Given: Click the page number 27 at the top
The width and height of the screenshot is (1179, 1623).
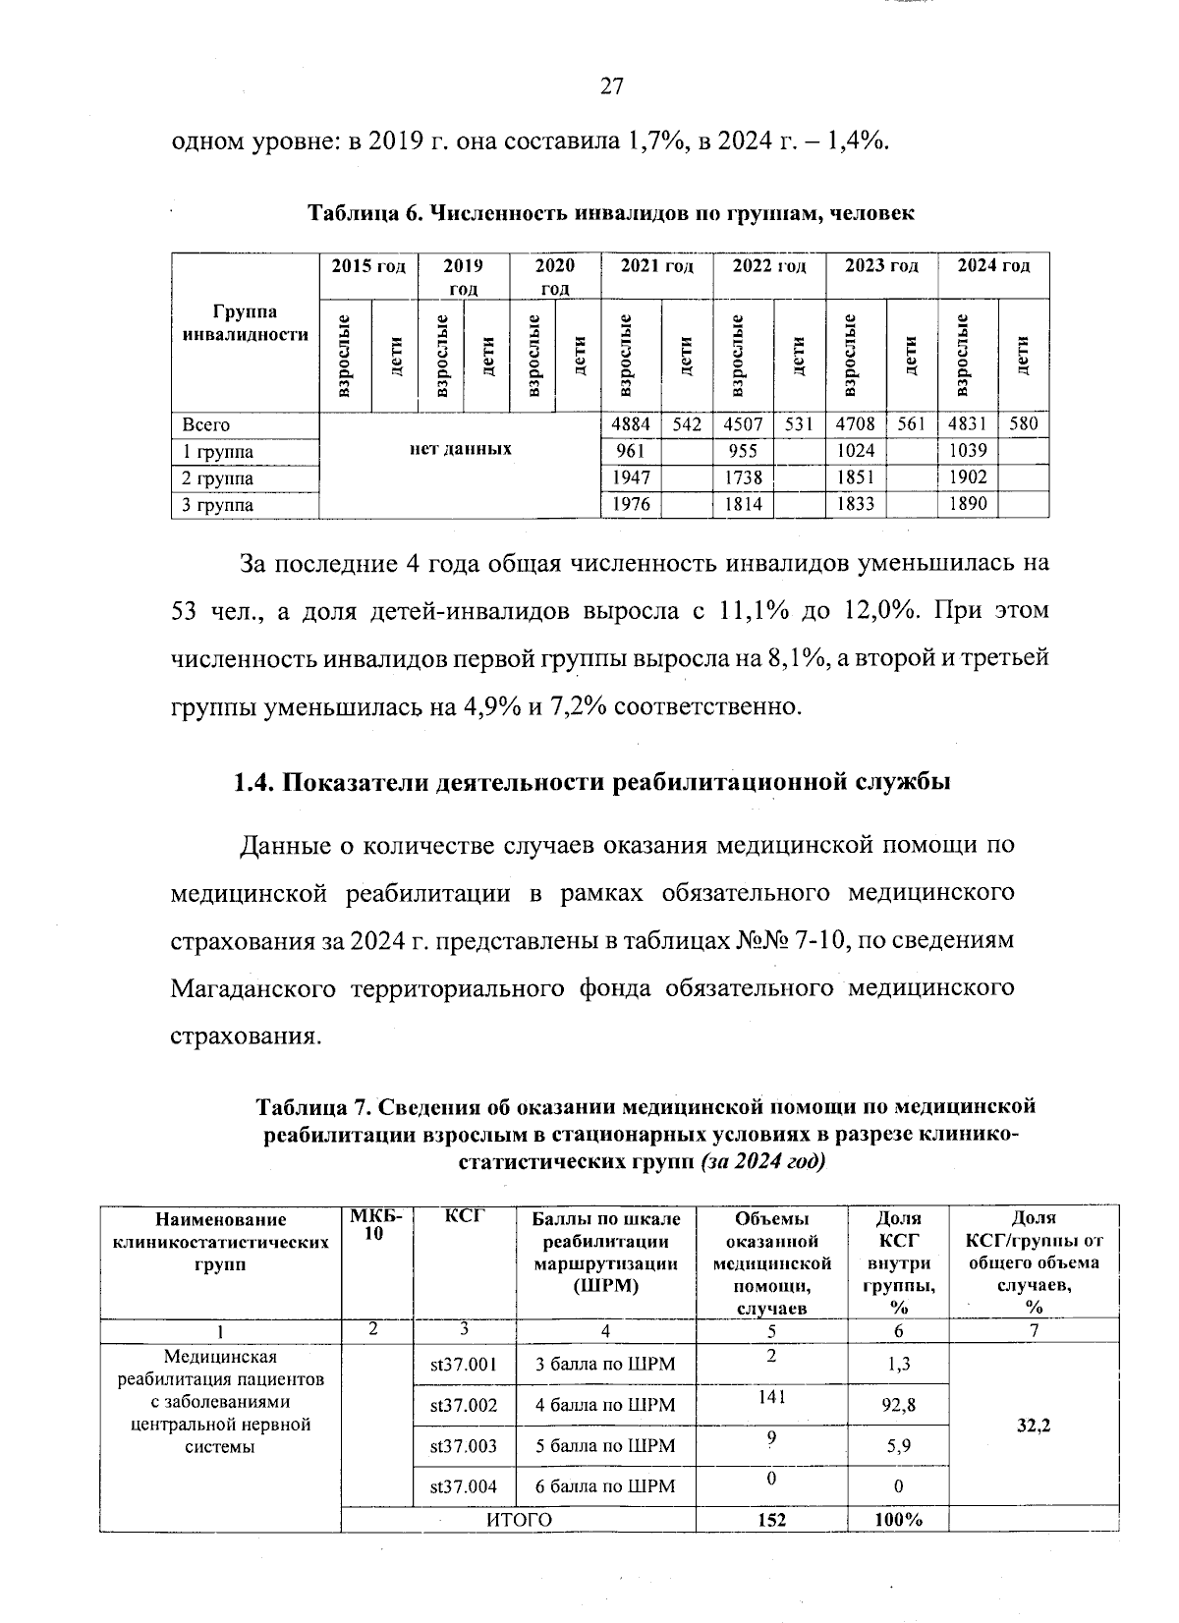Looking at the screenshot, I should pyautogui.click(x=611, y=87).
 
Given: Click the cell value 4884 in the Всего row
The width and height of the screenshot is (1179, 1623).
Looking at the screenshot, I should pyautogui.click(x=630, y=425).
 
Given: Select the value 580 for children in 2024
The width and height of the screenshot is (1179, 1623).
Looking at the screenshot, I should pyautogui.click(x=1023, y=425).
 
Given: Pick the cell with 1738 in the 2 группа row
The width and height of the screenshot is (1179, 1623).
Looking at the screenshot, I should pyautogui.click(x=743, y=478).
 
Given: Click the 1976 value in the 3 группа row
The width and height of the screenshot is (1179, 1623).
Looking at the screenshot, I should pyautogui.click(x=630, y=505).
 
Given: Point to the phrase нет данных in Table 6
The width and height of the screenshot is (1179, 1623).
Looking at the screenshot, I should pyautogui.click(x=460, y=448).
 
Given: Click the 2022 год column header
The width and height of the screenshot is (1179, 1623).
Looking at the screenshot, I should pyautogui.click(x=769, y=266).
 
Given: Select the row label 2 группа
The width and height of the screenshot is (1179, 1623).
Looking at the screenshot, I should pyautogui.click(x=218, y=478).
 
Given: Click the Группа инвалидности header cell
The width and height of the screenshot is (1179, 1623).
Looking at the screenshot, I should pyautogui.click(x=246, y=323).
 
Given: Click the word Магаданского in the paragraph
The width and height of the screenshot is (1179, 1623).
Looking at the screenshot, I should pyautogui.click(x=253, y=987).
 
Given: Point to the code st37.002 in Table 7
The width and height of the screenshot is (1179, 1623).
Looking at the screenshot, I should pyautogui.click(x=464, y=1405).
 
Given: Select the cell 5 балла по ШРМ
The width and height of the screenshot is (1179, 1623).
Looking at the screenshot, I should pyautogui.click(x=605, y=1446).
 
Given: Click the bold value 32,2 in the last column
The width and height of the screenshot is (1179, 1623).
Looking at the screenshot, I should pyautogui.click(x=1033, y=1425).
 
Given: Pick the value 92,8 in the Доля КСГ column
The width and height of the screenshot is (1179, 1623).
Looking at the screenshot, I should pyautogui.click(x=898, y=1405).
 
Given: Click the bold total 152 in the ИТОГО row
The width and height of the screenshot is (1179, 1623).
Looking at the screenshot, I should pyautogui.click(x=771, y=1520).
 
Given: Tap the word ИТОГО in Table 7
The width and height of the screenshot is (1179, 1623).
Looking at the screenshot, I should pyautogui.click(x=520, y=1520).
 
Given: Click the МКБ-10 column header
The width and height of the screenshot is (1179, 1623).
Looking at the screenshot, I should pyautogui.click(x=374, y=1225).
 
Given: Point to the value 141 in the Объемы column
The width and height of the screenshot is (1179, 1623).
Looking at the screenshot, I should pyautogui.click(x=771, y=1396).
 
